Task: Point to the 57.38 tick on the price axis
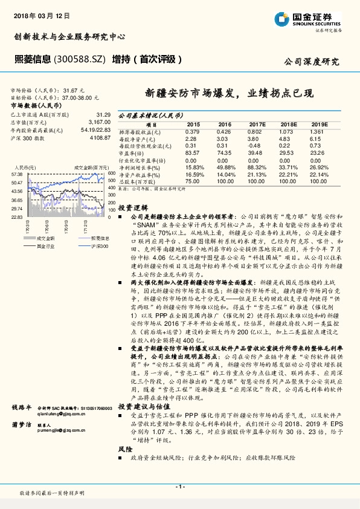(16, 174)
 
